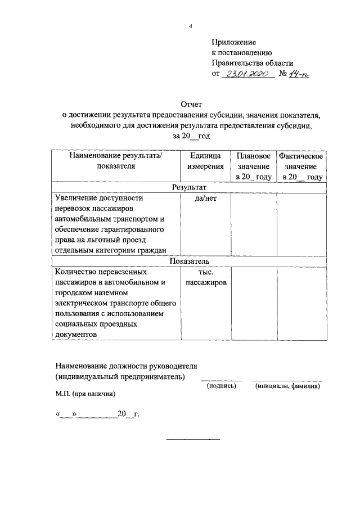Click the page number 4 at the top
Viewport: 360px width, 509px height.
pyautogui.click(x=191, y=26)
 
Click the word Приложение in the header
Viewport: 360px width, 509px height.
pyautogui.click(x=233, y=42)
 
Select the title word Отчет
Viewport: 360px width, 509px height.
pyautogui.click(x=191, y=105)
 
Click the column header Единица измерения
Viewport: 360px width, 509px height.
pyautogui.click(x=205, y=161)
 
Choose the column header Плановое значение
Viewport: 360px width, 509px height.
pyautogui.click(x=254, y=166)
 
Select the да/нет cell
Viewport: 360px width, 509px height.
pyautogui.click(x=205, y=199)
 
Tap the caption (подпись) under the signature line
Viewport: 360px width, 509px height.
pyautogui.click(x=222, y=386)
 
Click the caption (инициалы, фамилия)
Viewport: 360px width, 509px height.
pyautogui.click(x=287, y=386)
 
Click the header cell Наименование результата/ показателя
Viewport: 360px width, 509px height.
pyautogui.click(x=115, y=161)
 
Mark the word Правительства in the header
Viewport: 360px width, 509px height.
pyautogui.click(x=236, y=63)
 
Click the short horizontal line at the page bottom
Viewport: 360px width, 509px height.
pyautogui.click(x=192, y=439)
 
